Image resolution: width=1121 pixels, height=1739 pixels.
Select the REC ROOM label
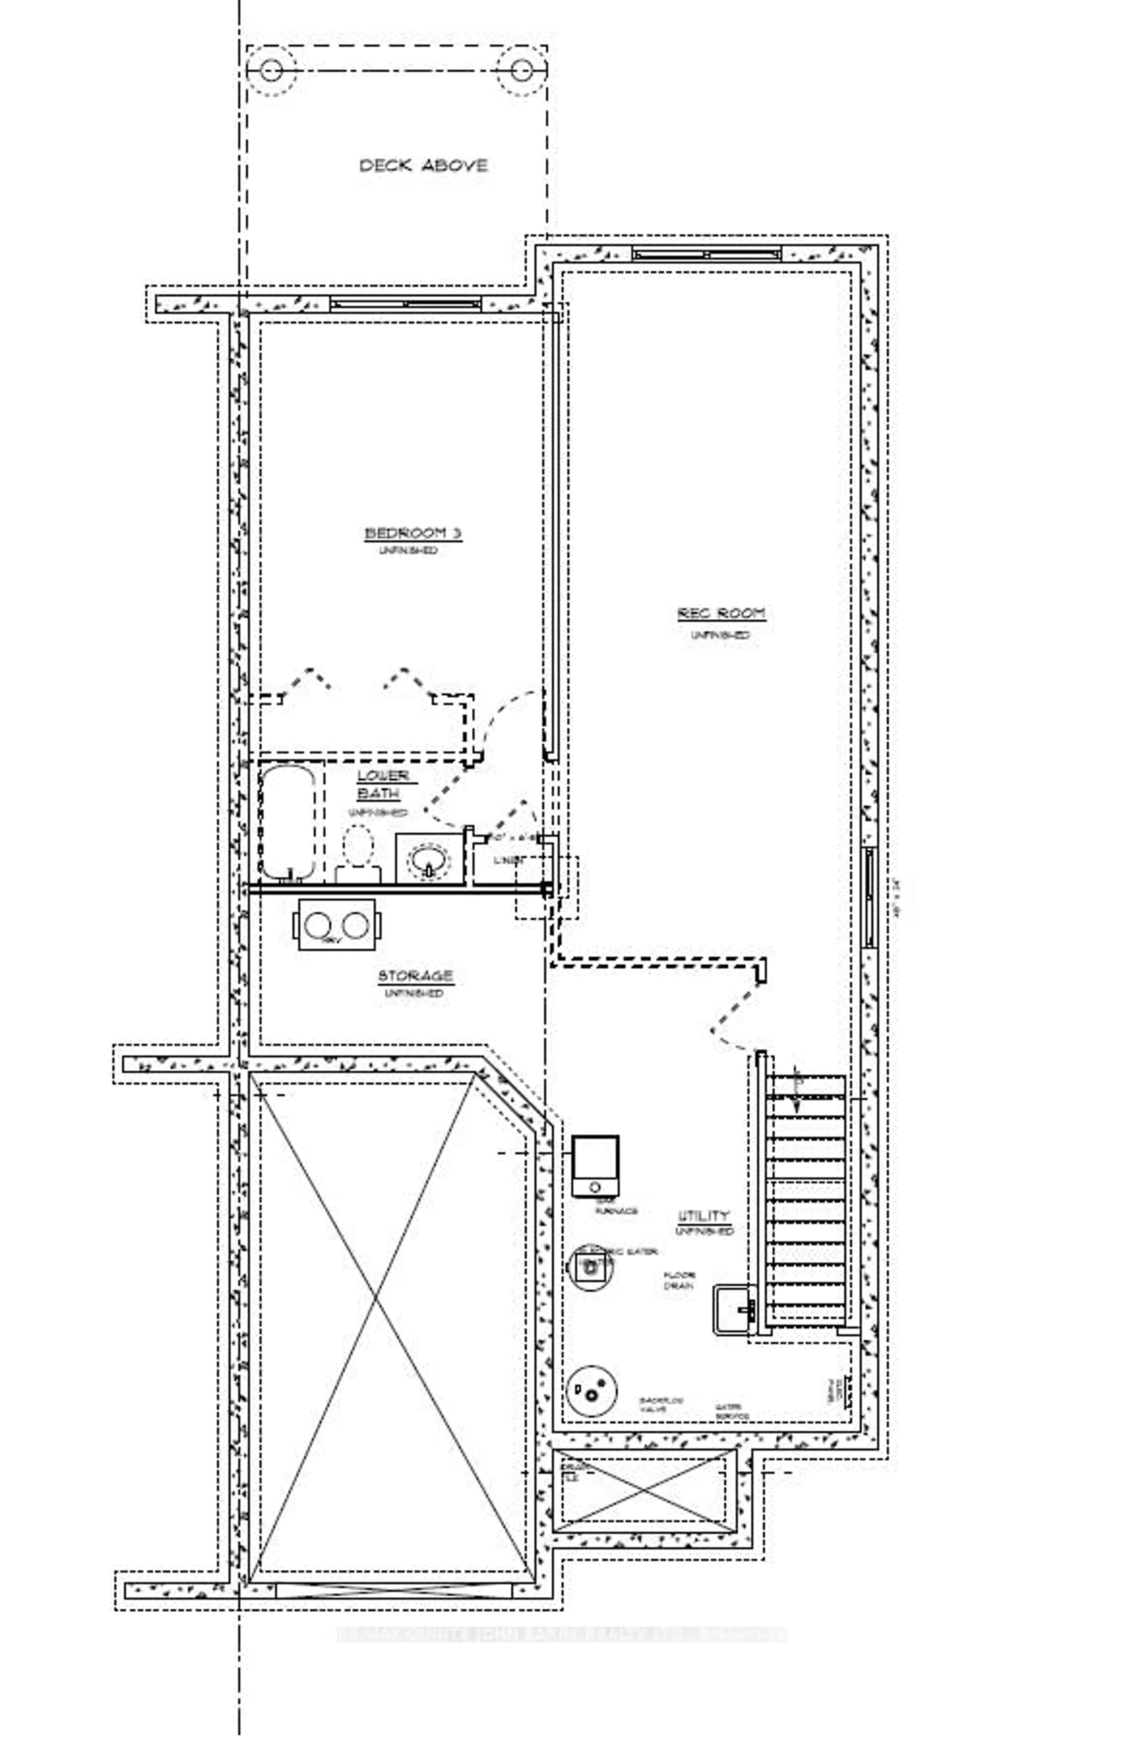tap(721, 614)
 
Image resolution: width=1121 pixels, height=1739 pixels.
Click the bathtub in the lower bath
tap(288, 821)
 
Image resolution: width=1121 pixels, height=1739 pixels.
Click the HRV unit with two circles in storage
tap(336, 924)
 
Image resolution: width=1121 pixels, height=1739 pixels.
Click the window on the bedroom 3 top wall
tap(405, 304)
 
